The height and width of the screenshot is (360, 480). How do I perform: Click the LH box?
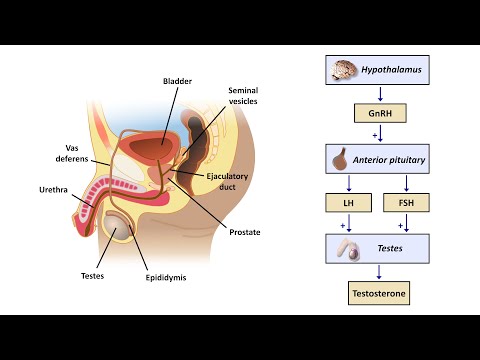coord(349,204)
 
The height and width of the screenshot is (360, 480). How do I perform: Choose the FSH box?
coord(405,204)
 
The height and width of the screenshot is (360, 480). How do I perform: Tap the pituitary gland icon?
coord(340,158)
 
